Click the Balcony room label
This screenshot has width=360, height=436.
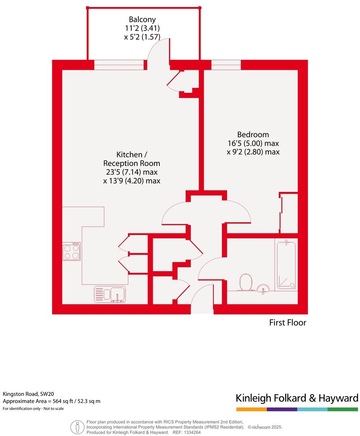(x=142, y=19)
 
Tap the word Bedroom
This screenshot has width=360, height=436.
(x=253, y=135)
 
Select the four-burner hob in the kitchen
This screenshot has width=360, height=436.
(x=71, y=251)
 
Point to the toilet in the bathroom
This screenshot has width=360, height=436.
(x=246, y=282)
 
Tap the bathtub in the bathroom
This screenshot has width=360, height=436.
(x=286, y=264)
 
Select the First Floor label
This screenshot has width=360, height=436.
(x=288, y=322)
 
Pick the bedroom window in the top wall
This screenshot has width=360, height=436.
(x=226, y=65)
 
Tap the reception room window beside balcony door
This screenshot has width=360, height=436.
(x=120, y=65)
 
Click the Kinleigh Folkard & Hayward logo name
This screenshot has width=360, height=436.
(x=296, y=398)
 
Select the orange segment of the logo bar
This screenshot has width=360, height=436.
(x=251, y=409)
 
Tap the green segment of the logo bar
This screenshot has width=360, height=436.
(x=343, y=409)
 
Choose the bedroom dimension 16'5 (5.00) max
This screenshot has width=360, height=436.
(x=253, y=143)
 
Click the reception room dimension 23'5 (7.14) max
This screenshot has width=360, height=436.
(x=132, y=172)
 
